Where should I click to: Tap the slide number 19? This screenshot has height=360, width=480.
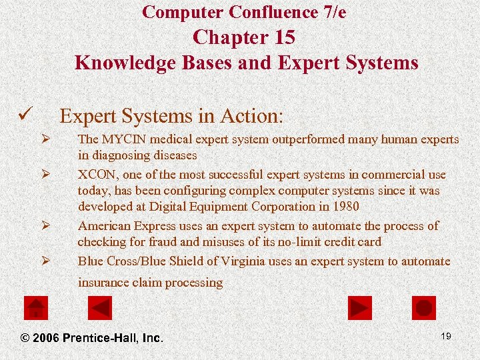[446, 336]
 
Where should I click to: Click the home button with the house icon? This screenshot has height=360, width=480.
[36, 308]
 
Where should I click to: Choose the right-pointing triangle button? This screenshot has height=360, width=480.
[360, 308]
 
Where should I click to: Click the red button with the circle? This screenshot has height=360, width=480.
[424, 308]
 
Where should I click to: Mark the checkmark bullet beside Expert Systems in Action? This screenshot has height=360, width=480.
[25, 117]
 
